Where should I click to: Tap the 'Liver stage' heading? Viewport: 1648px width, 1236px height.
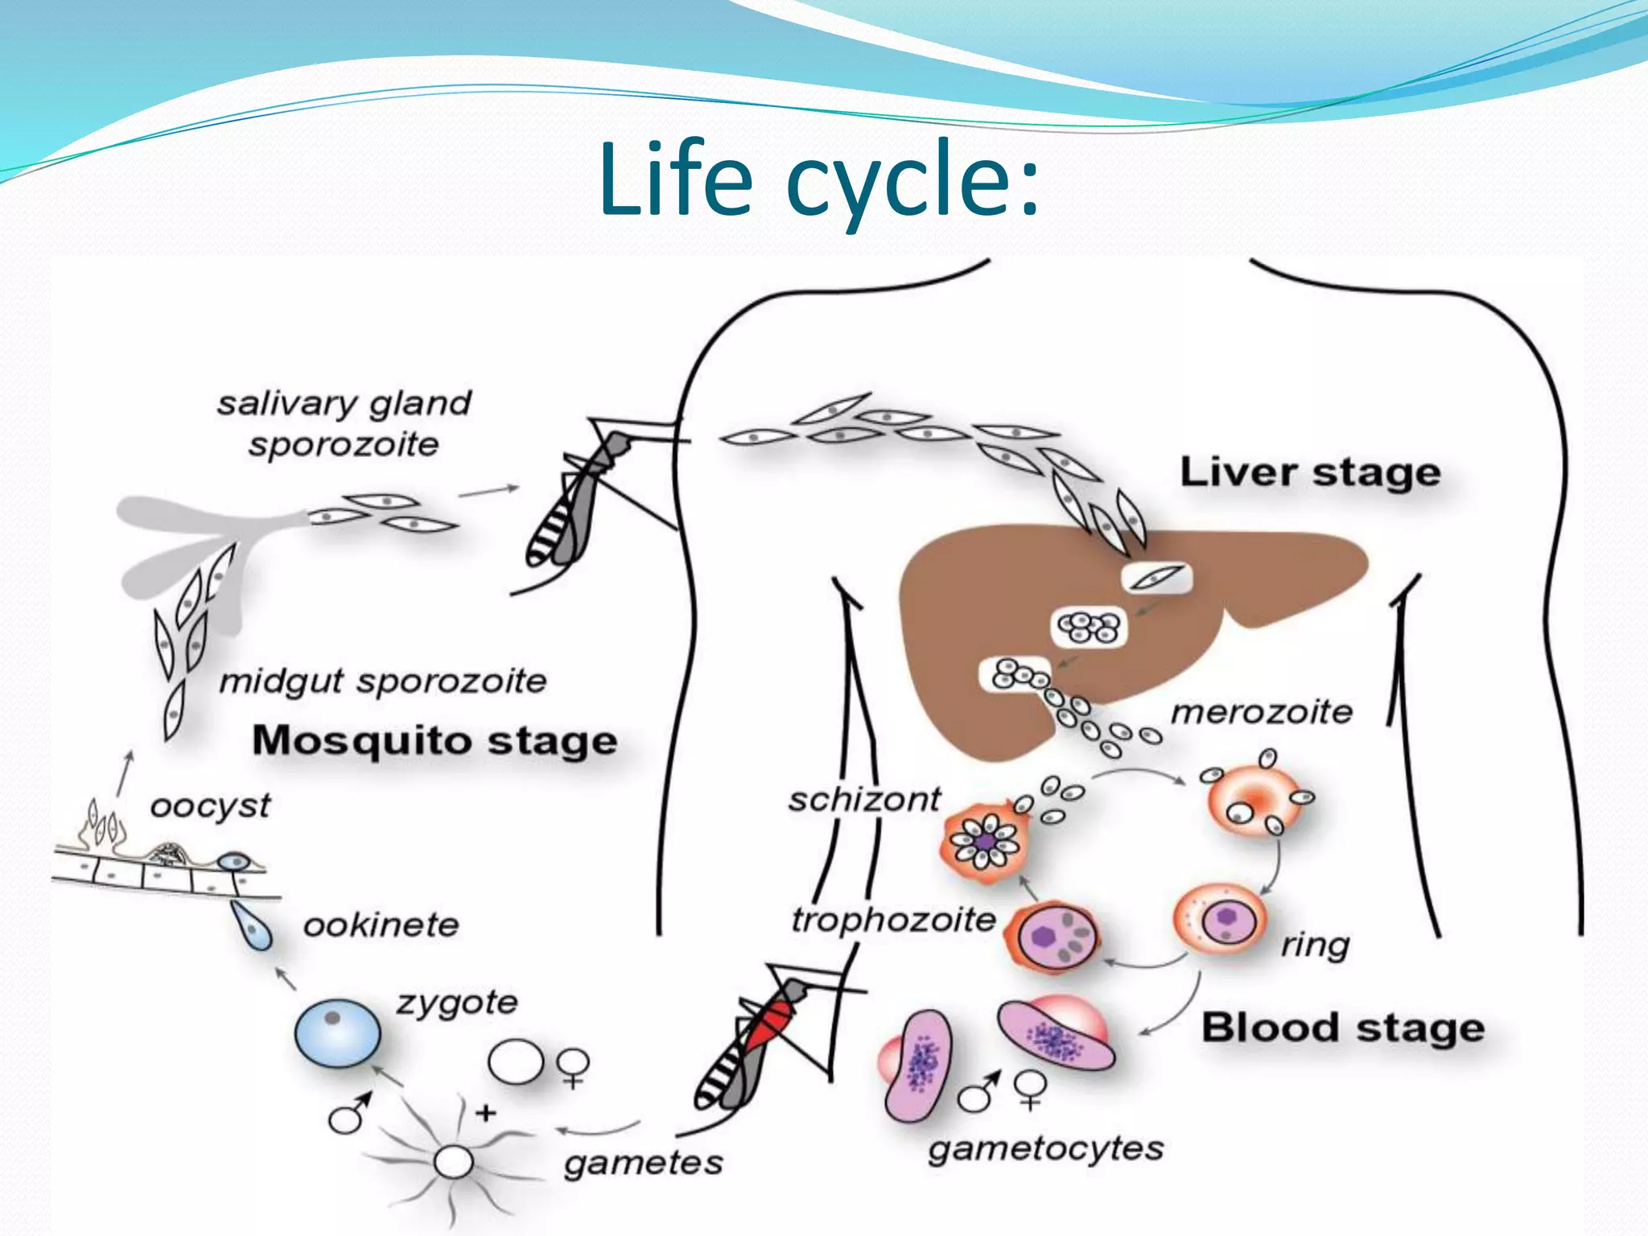(1309, 472)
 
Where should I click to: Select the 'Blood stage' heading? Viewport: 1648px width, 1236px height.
(1342, 1028)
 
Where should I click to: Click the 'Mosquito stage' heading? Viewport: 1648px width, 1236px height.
(435, 740)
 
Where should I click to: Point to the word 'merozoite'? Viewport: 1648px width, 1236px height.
(1261, 712)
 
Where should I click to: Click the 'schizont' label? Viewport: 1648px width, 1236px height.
(864, 800)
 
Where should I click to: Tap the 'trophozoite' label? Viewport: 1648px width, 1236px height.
(893, 919)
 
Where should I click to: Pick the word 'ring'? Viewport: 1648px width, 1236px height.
(1315, 945)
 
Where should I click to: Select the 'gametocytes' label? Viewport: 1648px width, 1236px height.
(1045, 1148)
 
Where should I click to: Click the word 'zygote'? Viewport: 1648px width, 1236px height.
(456, 1003)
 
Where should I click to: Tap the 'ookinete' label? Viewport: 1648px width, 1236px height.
(381, 925)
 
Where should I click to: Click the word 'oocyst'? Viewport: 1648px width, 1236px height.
(210, 806)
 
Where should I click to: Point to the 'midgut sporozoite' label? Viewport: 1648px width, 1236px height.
(383, 682)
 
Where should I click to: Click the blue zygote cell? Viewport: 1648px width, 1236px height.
(337, 1033)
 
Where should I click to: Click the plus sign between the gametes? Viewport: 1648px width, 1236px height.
(485, 1114)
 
